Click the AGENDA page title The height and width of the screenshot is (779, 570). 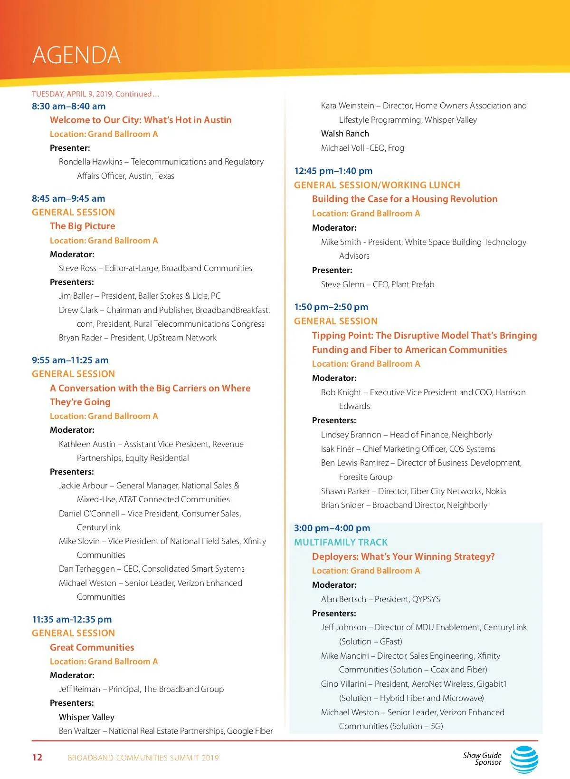click(x=76, y=55)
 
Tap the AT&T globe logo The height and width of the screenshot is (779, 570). click(x=524, y=759)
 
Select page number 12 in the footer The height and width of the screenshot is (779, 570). click(x=37, y=757)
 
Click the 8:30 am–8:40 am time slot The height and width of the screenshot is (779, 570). click(x=68, y=106)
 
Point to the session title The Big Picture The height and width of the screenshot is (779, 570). click(x=82, y=226)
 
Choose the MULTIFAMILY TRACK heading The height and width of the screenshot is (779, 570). click(x=341, y=542)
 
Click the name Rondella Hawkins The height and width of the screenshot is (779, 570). click(x=90, y=162)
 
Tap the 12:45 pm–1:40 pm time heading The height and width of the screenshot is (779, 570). click(x=333, y=171)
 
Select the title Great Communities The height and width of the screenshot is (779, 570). click(x=92, y=647)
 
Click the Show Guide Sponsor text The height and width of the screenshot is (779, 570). click(x=482, y=759)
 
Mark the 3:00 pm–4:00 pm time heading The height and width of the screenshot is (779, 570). click(x=332, y=528)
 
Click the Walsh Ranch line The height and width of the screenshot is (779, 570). click(x=345, y=134)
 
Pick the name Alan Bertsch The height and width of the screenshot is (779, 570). click(x=343, y=599)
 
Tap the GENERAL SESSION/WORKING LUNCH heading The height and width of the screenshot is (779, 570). click(x=377, y=185)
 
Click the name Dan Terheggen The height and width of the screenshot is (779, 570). click(x=86, y=569)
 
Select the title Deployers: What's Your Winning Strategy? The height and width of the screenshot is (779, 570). click(x=403, y=556)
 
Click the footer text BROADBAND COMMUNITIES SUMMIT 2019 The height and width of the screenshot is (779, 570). click(x=143, y=758)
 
